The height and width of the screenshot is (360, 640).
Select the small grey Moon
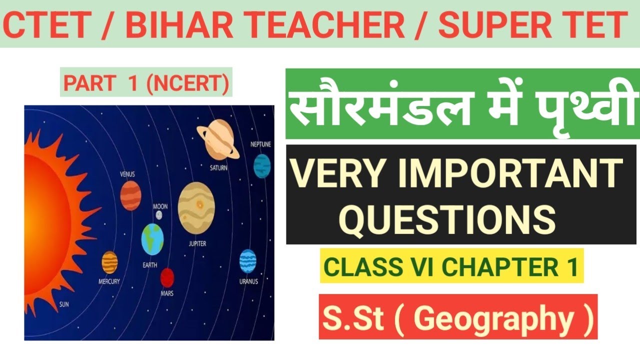point(159,215)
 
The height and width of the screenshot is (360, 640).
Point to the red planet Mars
point(167,277)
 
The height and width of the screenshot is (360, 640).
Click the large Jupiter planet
point(196,208)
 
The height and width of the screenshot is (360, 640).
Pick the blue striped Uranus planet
point(247,261)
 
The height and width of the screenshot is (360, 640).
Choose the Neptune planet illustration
point(261,165)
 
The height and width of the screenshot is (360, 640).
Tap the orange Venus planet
point(130,195)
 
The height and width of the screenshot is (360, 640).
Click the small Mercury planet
point(109,262)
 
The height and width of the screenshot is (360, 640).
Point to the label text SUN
point(64,304)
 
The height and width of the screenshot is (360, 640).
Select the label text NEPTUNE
point(260,145)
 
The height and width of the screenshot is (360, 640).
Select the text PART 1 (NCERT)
point(146,84)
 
